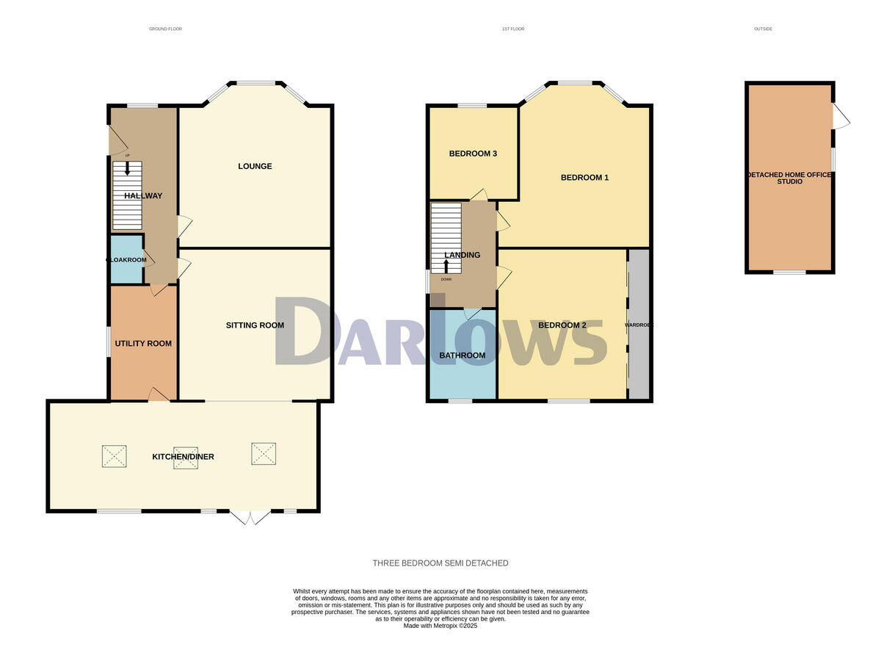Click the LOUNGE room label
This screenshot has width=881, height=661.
pos(255,166)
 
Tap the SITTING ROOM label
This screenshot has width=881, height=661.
pos(255,325)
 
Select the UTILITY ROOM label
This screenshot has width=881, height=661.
pos(143,344)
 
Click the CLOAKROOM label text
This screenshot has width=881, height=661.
pos(126,260)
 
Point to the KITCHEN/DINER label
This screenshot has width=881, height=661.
pos(183,457)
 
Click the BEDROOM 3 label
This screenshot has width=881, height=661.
pos(473,154)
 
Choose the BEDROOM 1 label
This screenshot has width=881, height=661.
pos(584,178)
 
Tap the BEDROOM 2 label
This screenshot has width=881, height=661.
pos(562,325)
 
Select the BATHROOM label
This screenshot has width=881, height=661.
pos(462,355)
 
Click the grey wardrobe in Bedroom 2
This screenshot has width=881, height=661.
pos(639,325)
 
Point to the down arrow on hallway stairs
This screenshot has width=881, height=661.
pos(127,168)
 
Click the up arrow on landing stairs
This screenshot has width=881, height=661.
pos(445,266)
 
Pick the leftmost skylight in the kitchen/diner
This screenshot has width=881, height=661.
pos(114,455)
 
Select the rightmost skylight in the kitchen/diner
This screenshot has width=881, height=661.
pos(263,453)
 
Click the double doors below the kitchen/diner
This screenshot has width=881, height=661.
pos(250,517)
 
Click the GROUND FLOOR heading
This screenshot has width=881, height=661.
pos(165,29)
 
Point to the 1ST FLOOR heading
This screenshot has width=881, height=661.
pos(512,29)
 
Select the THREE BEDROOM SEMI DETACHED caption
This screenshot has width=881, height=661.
pos(440,563)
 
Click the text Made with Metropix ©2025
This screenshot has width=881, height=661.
pos(440,626)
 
